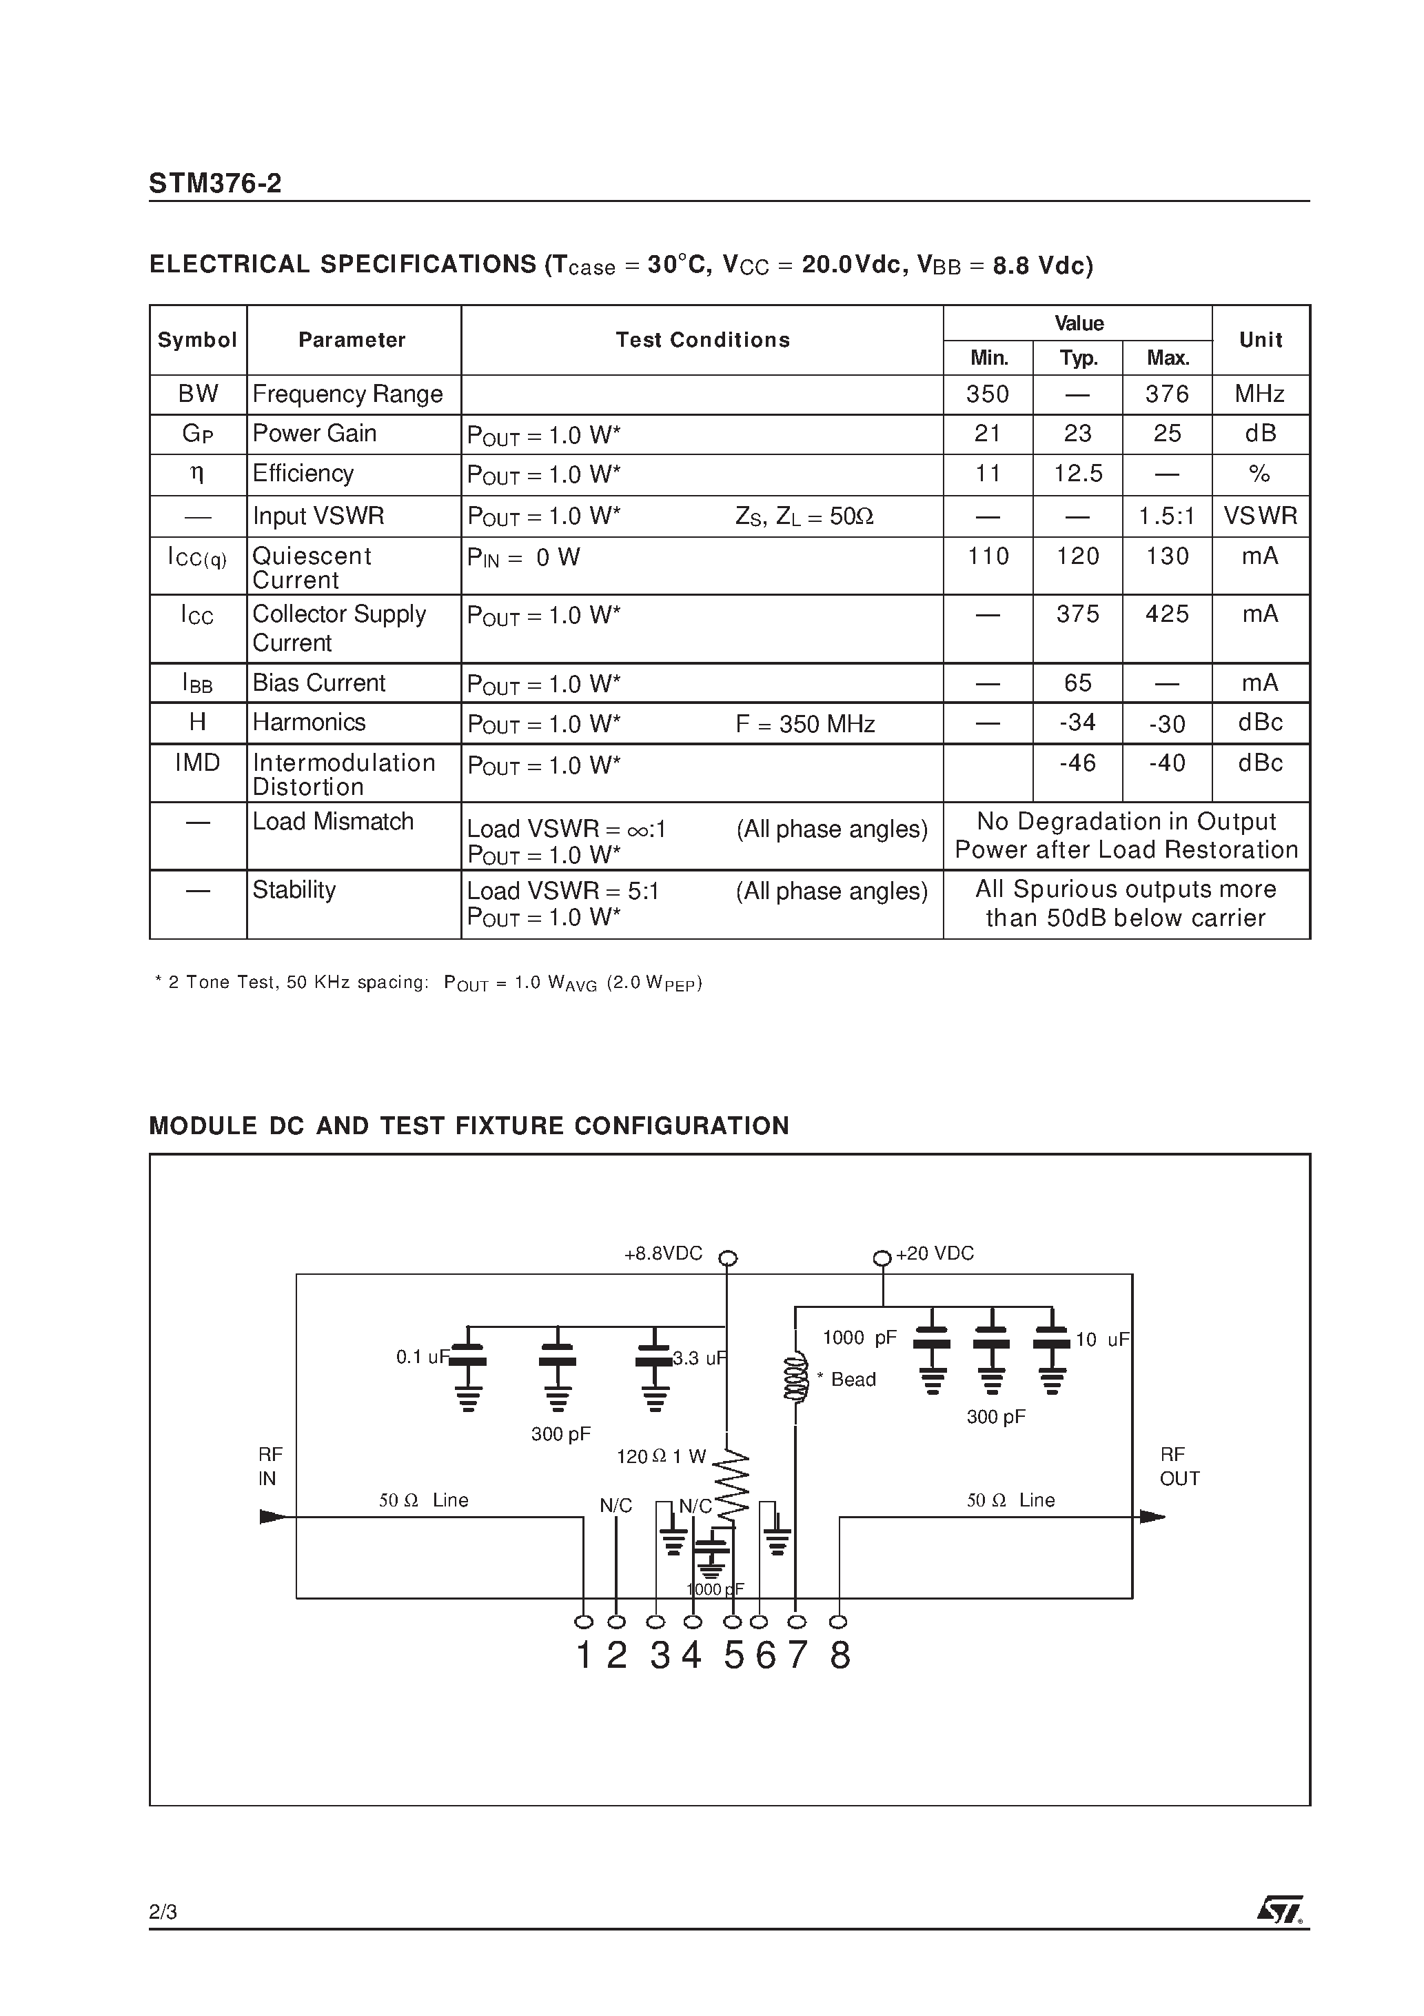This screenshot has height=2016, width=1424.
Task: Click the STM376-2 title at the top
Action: point(215,183)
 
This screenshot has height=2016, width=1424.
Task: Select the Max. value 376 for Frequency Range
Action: point(1167,394)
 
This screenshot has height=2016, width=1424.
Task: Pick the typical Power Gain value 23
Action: point(1077,434)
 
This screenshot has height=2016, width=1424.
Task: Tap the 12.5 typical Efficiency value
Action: point(1077,474)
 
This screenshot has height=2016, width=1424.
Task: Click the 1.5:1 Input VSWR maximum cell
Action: point(1167,516)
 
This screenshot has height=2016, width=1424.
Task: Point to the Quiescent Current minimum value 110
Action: point(988,556)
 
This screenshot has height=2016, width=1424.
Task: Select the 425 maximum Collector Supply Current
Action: point(1167,614)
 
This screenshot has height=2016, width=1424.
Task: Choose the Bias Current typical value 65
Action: point(1077,683)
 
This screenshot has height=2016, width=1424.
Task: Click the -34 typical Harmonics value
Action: point(1077,723)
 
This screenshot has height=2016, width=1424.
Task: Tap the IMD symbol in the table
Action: point(198,763)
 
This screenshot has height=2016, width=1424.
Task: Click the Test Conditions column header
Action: point(702,341)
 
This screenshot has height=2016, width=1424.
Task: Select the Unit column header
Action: point(1260,341)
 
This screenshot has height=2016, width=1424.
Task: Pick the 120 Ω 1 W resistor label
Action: point(661,1457)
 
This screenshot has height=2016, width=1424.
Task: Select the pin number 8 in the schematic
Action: point(840,1656)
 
